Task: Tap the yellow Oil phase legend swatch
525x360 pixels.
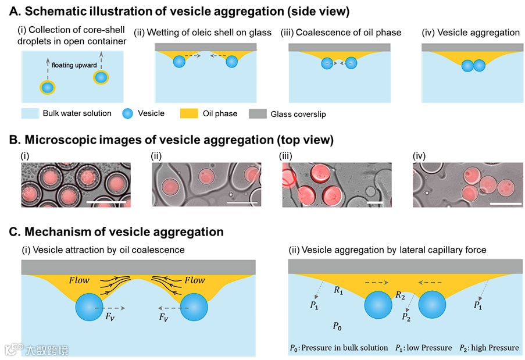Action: (x=190, y=113)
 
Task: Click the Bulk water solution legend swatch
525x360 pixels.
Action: (x=30, y=113)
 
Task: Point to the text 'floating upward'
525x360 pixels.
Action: (x=77, y=65)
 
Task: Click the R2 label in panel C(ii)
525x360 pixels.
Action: (x=400, y=296)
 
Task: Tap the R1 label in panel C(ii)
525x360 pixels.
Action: (x=338, y=289)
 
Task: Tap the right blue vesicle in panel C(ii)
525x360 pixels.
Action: (x=433, y=305)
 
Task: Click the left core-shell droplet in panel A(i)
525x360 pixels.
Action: (x=48, y=88)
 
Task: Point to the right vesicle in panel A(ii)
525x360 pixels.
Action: (x=232, y=61)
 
